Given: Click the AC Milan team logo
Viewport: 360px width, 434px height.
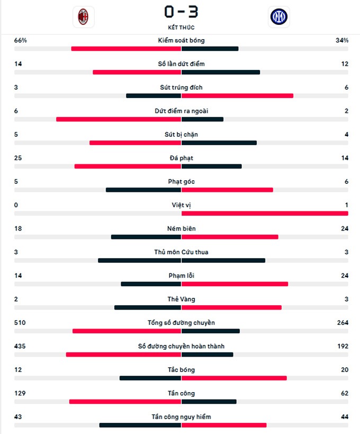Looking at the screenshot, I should tap(83, 17).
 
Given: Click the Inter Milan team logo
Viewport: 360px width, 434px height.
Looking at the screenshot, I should tap(278, 17).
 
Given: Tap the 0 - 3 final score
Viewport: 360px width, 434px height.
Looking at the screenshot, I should tap(181, 11).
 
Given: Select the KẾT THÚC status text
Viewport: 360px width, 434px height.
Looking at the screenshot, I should tap(181, 27).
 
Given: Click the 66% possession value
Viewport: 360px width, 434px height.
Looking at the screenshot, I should tap(20, 40).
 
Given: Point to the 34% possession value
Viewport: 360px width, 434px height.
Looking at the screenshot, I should tap(342, 40).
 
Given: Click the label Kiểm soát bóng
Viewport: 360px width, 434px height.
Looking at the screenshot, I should tap(181, 40).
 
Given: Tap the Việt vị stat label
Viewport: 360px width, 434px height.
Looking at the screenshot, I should tap(181, 205).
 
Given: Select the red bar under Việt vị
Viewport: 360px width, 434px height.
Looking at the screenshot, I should tap(265, 214).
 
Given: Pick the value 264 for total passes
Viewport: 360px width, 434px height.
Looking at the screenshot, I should tap(342, 323).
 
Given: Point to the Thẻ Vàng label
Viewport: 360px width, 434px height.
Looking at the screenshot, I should tap(181, 299).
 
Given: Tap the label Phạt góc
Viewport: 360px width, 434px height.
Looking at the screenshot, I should tap(181, 182).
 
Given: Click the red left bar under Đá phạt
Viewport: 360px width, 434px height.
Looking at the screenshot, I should tap(128, 166).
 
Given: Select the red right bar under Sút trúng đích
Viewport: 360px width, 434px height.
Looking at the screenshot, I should tap(237, 96).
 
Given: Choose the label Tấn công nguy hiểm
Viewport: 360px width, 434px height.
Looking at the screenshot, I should tap(181, 417).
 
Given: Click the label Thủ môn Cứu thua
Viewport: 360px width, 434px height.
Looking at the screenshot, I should tap(181, 252).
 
